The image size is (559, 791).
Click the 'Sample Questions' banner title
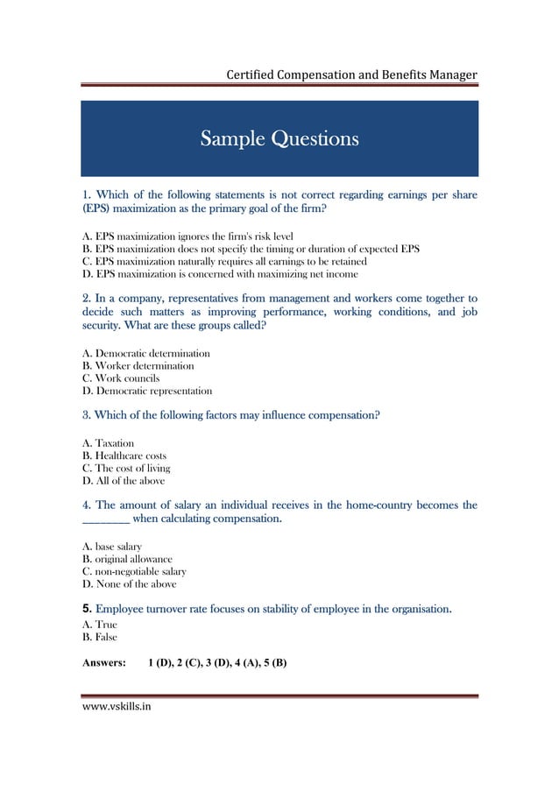(279, 138)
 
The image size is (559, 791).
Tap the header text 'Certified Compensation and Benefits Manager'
(351, 74)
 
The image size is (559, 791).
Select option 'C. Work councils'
(121, 378)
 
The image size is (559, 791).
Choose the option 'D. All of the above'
(123, 481)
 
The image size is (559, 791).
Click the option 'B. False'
(100, 638)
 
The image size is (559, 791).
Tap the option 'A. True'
(99, 625)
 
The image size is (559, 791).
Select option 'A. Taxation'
(108, 444)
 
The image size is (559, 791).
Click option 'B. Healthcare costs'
(124, 456)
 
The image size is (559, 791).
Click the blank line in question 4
(106, 520)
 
